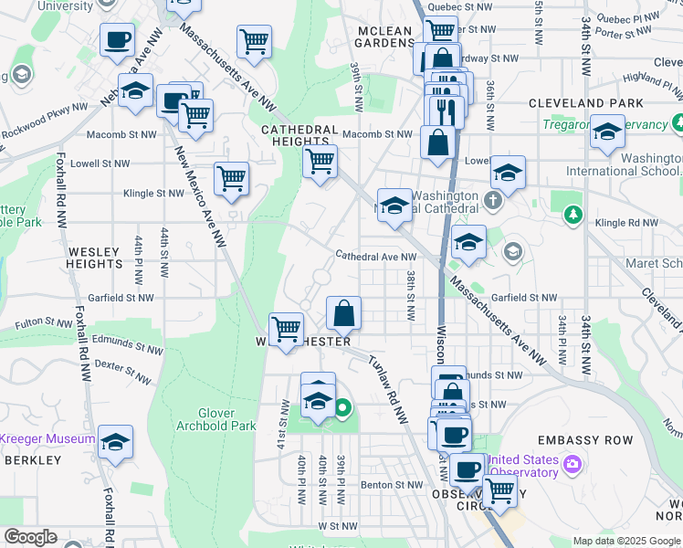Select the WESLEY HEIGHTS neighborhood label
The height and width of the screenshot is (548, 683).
94,255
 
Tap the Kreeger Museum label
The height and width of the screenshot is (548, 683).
47,438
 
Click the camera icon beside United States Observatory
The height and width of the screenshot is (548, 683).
573,465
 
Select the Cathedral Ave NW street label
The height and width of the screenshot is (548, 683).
375,257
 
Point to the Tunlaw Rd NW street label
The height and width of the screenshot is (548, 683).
387,387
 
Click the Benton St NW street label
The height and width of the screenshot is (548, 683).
392,485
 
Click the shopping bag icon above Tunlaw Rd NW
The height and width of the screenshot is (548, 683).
344,314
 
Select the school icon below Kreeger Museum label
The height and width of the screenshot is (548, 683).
115,444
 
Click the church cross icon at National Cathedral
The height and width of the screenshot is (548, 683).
494,199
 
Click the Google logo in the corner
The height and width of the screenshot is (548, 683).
29,537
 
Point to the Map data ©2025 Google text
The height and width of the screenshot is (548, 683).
626,541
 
